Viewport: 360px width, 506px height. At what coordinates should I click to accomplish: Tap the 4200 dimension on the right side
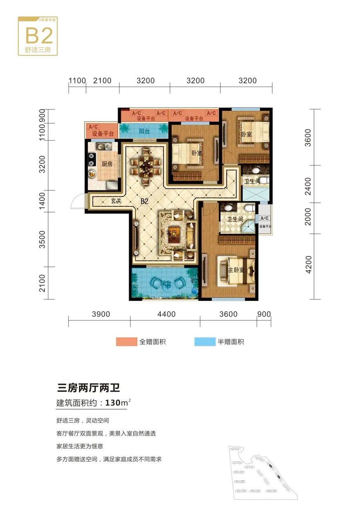tap(309, 265)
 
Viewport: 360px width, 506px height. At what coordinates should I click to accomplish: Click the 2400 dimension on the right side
tap(309, 186)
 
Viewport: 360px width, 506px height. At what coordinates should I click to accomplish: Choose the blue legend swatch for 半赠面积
tap(205, 342)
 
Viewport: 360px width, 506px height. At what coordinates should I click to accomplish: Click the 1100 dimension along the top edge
tap(77, 81)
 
